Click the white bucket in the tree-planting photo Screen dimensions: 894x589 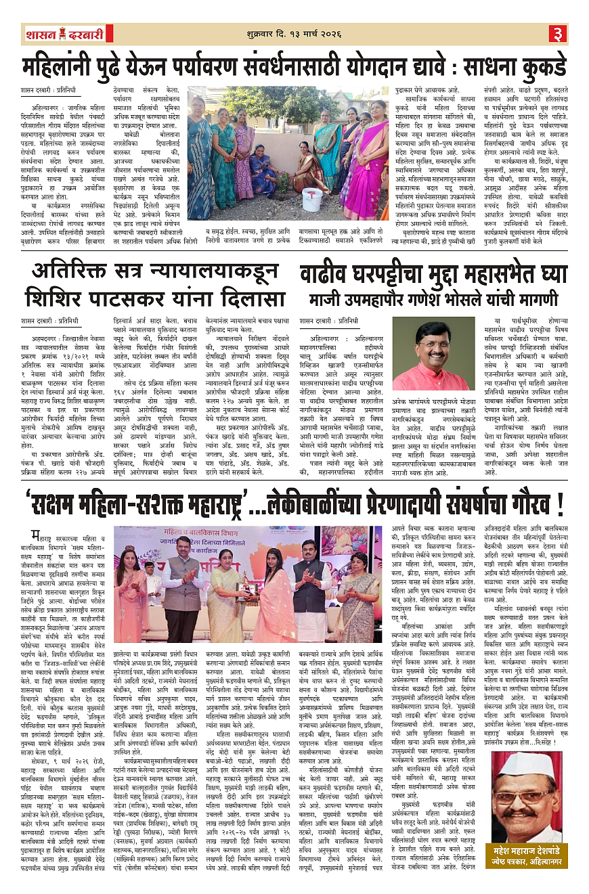pyautogui.click(x=312, y=198)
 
